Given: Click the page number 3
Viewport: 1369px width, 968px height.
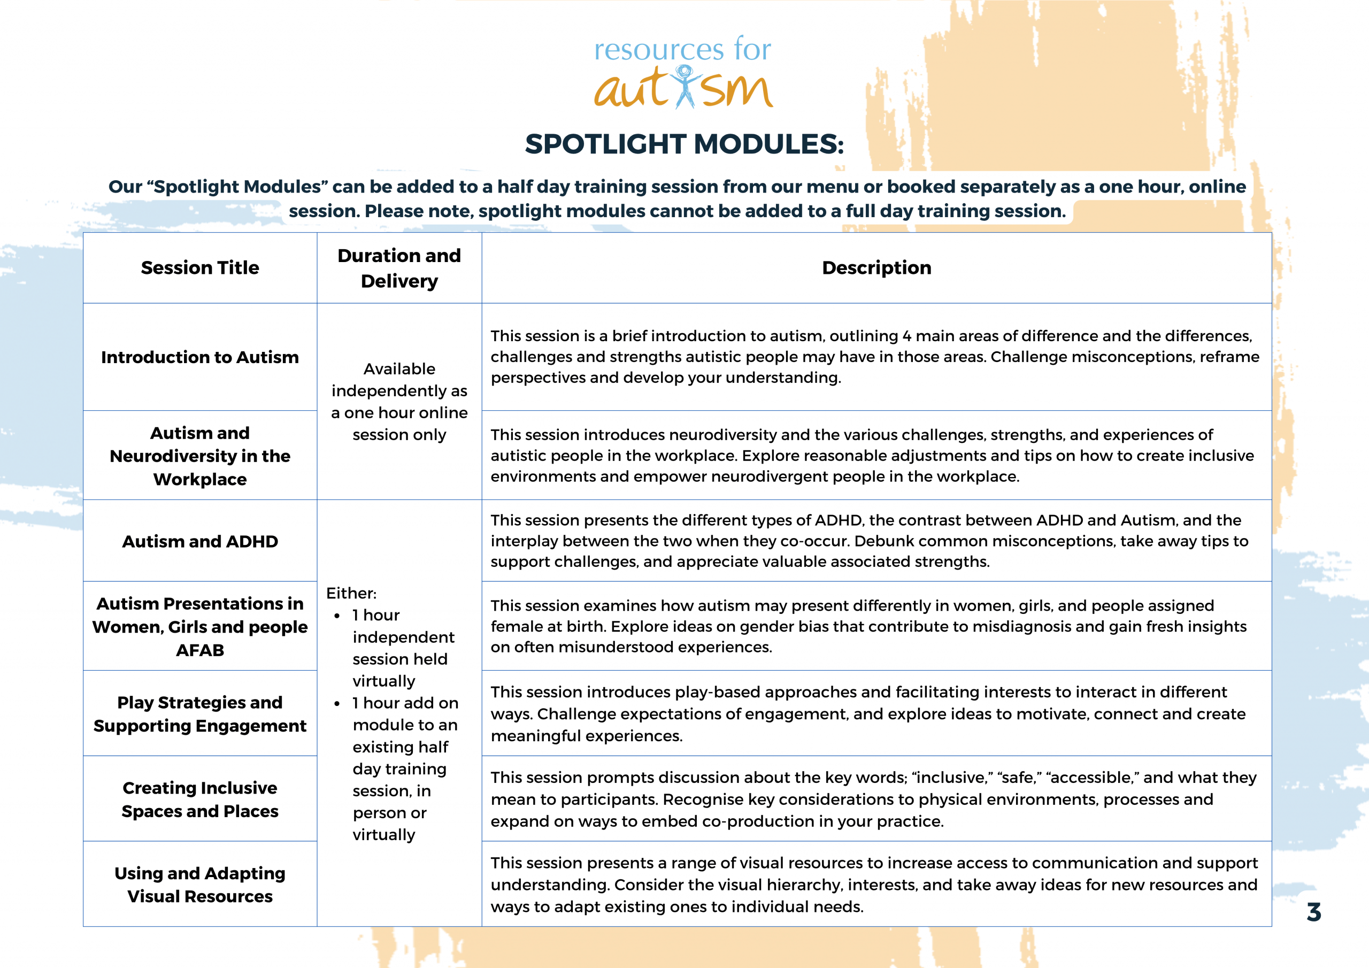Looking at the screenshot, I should click(x=1313, y=912).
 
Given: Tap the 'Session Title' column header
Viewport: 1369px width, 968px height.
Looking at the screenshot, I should click(x=200, y=268).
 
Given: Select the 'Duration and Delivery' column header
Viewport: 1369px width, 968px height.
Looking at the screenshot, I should click(x=399, y=268).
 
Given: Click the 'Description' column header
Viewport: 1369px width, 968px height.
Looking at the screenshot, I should click(x=876, y=268).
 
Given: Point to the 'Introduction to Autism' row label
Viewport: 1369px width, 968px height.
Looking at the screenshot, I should click(x=200, y=357).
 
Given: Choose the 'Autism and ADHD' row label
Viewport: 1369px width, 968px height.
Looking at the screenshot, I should click(x=200, y=542).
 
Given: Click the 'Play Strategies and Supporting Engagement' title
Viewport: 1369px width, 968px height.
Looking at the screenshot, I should click(x=200, y=714).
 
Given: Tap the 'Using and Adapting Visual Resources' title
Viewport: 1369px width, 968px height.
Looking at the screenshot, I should click(x=200, y=885).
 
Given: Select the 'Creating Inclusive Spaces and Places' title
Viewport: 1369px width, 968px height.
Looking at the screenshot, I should click(x=200, y=799).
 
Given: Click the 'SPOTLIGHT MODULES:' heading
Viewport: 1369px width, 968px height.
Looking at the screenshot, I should click(x=684, y=144).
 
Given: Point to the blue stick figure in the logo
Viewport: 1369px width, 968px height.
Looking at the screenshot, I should click(x=684, y=87).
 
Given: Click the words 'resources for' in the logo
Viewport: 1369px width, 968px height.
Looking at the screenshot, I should click(x=682, y=49).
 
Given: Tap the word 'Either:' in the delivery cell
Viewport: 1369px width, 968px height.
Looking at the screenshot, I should click(x=351, y=594).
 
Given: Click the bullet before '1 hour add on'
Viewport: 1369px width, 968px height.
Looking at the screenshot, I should click(x=337, y=704).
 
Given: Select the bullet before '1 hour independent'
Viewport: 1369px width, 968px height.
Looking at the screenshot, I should click(x=337, y=616).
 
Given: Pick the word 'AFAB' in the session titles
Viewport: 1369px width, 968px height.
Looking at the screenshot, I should click(x=200, y=650).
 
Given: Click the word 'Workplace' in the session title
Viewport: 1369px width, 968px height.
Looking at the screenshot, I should click(x=200, y=480).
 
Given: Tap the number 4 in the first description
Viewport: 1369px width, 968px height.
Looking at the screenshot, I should click(x=906, y=336).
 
